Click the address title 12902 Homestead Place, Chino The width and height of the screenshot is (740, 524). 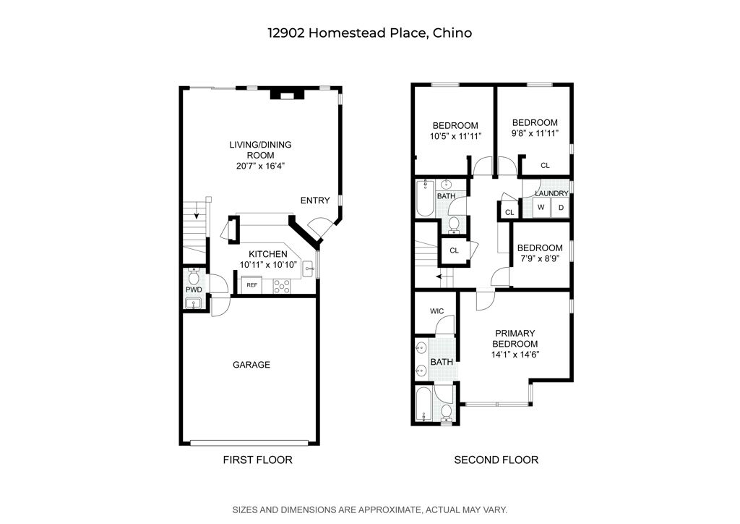tap(369, 33)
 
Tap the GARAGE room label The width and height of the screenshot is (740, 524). tap(251, 365)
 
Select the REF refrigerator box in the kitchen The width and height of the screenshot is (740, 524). tap(251, 285)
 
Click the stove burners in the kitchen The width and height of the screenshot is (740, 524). tap(281, 285)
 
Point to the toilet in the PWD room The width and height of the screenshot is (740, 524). tap(194, 278)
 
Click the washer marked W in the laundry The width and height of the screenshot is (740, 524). tap(540, 208)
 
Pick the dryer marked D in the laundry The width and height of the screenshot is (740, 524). tap(560, 208)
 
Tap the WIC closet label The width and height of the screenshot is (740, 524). tap(436, 311)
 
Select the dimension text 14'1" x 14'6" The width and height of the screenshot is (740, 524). tap(515, 355)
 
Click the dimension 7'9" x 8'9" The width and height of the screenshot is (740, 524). tap(540, 258)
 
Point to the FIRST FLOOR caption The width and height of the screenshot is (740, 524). tap(257, 460)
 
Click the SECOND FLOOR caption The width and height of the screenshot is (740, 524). tap(496, 460)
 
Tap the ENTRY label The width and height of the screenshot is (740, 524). tap(315, 200)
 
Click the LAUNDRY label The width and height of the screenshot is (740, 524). tap(551, 193)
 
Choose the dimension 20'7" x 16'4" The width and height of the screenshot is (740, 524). tap(260, 166)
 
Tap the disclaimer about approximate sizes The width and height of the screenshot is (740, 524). tap(369, 510)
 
